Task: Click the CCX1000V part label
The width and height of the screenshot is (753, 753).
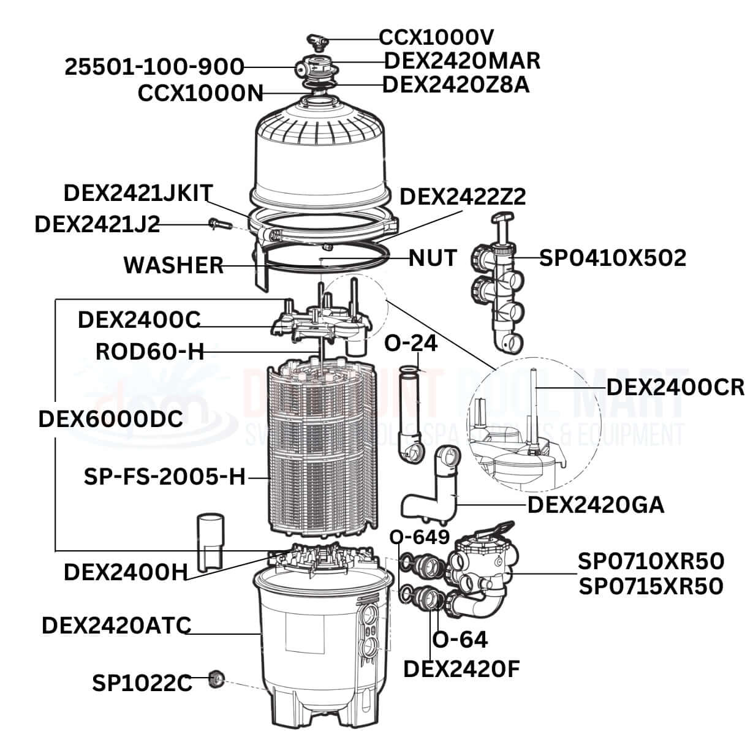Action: click(x=436, y=37)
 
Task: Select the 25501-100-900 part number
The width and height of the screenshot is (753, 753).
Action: click(x=154, y=67)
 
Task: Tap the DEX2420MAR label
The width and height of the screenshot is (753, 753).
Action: click(x=462, y=61)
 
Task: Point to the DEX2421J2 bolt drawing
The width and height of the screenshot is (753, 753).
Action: click(x=218, y=224)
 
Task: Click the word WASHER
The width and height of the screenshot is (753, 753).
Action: click(x=173, y=265)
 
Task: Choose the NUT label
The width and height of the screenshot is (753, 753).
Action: click(x=433, y=258)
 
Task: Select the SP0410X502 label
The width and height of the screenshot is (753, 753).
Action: click(x=612, y=258)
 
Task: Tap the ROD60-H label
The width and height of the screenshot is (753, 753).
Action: click(x=150, y=352)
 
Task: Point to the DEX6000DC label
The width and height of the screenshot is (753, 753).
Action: click(x=110, y=419)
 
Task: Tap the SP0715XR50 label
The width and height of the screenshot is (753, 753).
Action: click(x=651, y=586)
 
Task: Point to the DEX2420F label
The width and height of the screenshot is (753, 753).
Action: click(x=461, y=669)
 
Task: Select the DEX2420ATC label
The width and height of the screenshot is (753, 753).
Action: click(x=116, y=625)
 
